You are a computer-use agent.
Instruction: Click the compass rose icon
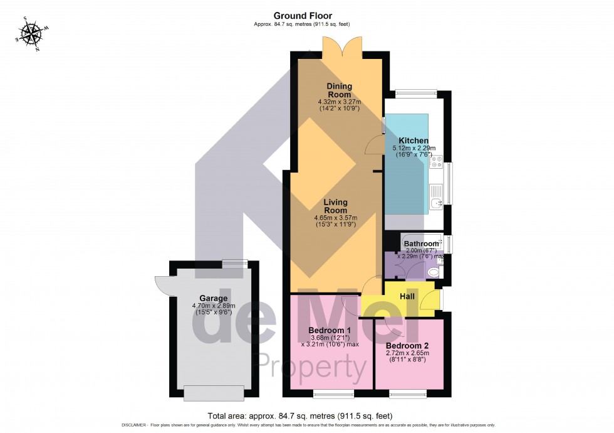click(29, 33)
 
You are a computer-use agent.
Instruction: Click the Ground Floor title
click(303, 16)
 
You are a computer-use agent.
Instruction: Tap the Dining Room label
click(339, 90)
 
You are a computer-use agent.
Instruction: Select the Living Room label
click(340, 206)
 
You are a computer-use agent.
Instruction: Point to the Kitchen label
click(414, 141)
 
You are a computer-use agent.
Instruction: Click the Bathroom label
click(421, 243)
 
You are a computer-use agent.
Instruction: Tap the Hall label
click(408, 296)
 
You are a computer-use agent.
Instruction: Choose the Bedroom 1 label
click(330, 330)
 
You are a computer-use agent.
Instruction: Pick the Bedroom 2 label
click(407, 346)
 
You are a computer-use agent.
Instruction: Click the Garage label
click(212, 298)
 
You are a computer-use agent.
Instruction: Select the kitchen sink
click(437, 199)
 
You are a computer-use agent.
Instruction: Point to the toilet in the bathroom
click(434, 273)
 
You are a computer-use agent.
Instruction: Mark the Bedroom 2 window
click(408, 395)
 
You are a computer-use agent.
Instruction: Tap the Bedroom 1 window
click(333, 395)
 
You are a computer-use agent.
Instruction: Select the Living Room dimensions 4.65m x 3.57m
click(340, 218)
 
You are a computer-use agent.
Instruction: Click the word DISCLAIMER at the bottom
click(137, 425)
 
